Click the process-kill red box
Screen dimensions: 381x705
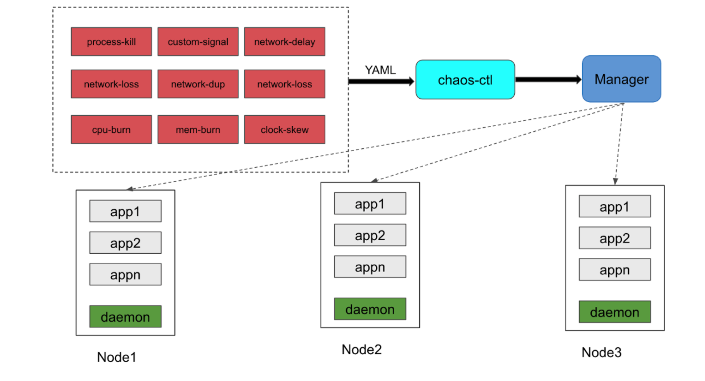112,42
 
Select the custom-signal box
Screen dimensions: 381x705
198,42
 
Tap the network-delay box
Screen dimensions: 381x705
285,42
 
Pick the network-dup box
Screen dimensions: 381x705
198,84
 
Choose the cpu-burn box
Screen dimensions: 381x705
112,129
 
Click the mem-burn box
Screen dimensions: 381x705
198,129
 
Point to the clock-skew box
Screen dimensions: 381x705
285,129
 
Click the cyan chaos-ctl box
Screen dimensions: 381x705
465,80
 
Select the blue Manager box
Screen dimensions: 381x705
621,79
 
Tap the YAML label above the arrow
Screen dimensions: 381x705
380,70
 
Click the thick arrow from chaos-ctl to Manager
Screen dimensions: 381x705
547,80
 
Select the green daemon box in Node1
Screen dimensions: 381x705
125,317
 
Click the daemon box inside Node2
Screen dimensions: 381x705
370,309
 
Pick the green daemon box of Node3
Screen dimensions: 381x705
614,312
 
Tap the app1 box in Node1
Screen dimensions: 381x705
125,212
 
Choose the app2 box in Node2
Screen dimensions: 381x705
370,235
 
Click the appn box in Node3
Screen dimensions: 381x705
614,270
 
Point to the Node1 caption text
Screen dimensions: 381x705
117,358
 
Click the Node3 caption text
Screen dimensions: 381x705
601,352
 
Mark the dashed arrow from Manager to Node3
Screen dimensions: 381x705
619,143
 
